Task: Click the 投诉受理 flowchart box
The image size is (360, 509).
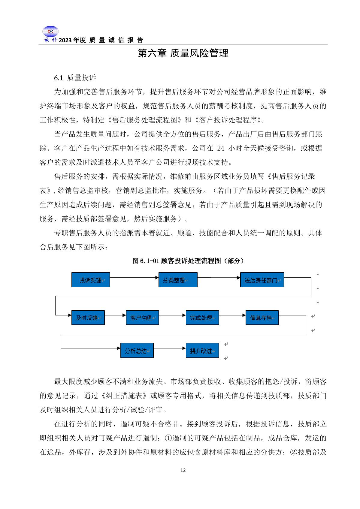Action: point(91,280)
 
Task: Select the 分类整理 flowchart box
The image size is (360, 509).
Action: point(178,280)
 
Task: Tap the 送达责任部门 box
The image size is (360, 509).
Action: point(262,280)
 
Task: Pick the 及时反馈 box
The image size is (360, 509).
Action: point(88,318)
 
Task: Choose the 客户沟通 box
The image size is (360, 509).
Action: point(142,318)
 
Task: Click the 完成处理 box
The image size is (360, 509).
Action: point(202,318)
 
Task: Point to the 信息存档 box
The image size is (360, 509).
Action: point(262,318)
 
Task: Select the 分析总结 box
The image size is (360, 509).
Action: point(137,350)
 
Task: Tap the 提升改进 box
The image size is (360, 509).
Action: point(202,350)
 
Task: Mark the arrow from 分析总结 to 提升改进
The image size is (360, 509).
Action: point(170,348)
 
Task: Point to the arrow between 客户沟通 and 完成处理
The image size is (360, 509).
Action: point(172,315)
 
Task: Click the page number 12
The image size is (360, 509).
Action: point(183,470)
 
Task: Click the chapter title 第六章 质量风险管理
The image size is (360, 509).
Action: point(183,53)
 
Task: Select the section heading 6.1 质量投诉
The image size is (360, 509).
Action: point(75,78)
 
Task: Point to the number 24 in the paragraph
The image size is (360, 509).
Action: point(220,148)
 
